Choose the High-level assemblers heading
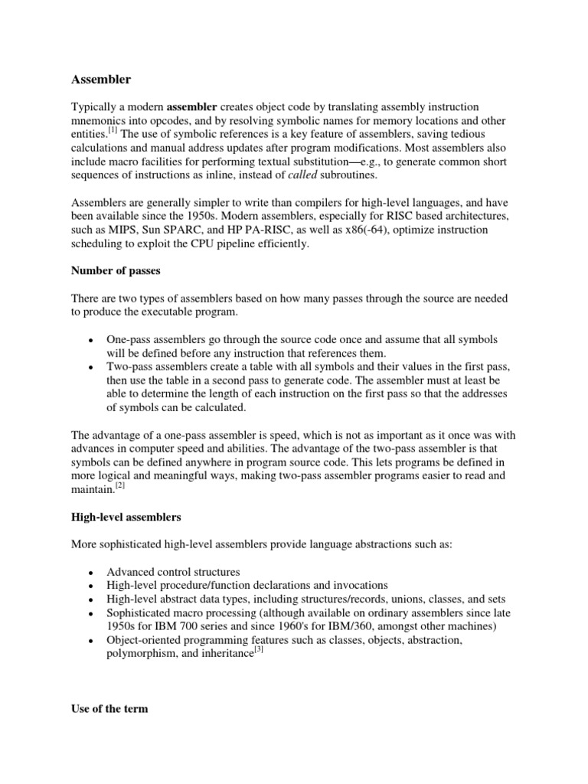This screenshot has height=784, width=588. pyautogui.click(x=126, y=517)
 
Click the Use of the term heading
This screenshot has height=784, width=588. pyautogui.click(x=109, y=709)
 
